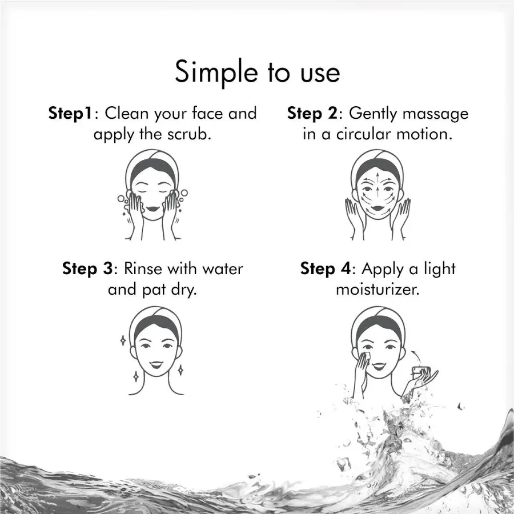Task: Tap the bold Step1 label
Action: point(70,114)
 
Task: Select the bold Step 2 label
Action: point(312,114)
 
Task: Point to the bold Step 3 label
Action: point(87,269)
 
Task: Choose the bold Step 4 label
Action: point(326,269)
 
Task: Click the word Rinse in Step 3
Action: point(143,269)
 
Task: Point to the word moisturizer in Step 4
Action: point(377,290)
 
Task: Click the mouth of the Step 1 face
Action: point(152,208)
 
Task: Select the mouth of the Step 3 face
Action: point(156,364)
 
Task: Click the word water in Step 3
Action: point(223,270)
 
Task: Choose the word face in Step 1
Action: point(208,113)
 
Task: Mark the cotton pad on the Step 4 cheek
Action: point(367,356)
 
